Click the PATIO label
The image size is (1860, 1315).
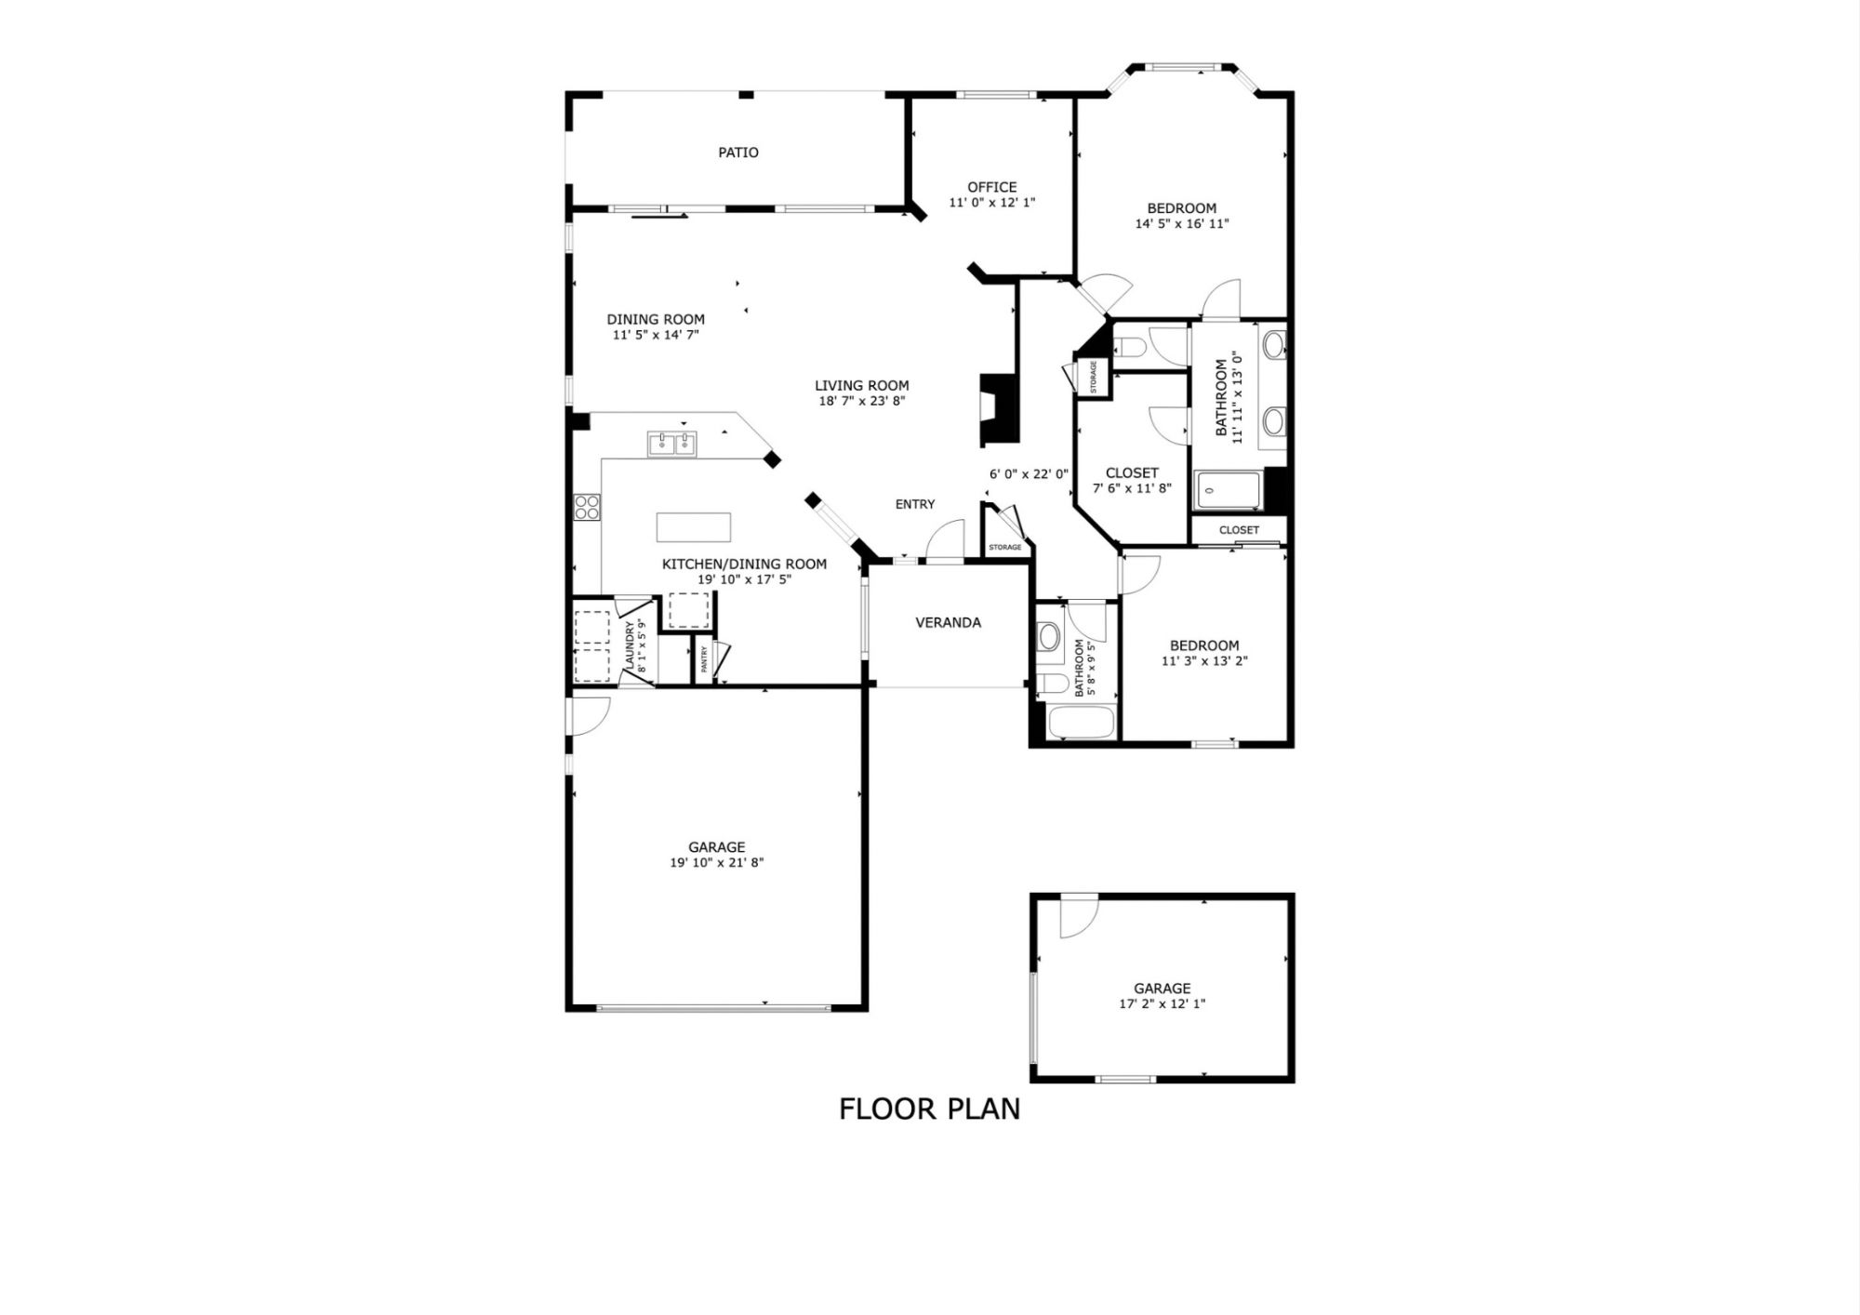point(738,153)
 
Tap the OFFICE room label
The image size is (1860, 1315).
point(992,187)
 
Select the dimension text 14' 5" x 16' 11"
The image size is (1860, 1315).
point(1182,224)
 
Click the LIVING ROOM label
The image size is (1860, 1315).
point(862,385)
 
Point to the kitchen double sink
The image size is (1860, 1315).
point(672,444)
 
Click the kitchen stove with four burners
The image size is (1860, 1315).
point(587,507)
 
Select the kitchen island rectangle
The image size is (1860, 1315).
point(694,527)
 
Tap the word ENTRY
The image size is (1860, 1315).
point(915,504)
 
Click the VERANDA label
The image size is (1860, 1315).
point(949,623)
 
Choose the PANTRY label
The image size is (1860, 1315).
point(704,658)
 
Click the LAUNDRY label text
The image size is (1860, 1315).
point(630,645)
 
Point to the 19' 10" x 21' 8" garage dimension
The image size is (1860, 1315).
point(717,863)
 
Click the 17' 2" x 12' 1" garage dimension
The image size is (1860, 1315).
point(1162,1004)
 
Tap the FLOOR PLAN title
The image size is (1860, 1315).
point(930,1109)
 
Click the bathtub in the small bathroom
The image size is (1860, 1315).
point(1081,723)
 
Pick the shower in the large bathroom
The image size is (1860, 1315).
point(1229,490)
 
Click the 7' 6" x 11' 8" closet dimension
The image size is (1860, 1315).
point(1132,488)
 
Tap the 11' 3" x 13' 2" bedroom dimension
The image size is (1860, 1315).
point(1204,661)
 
